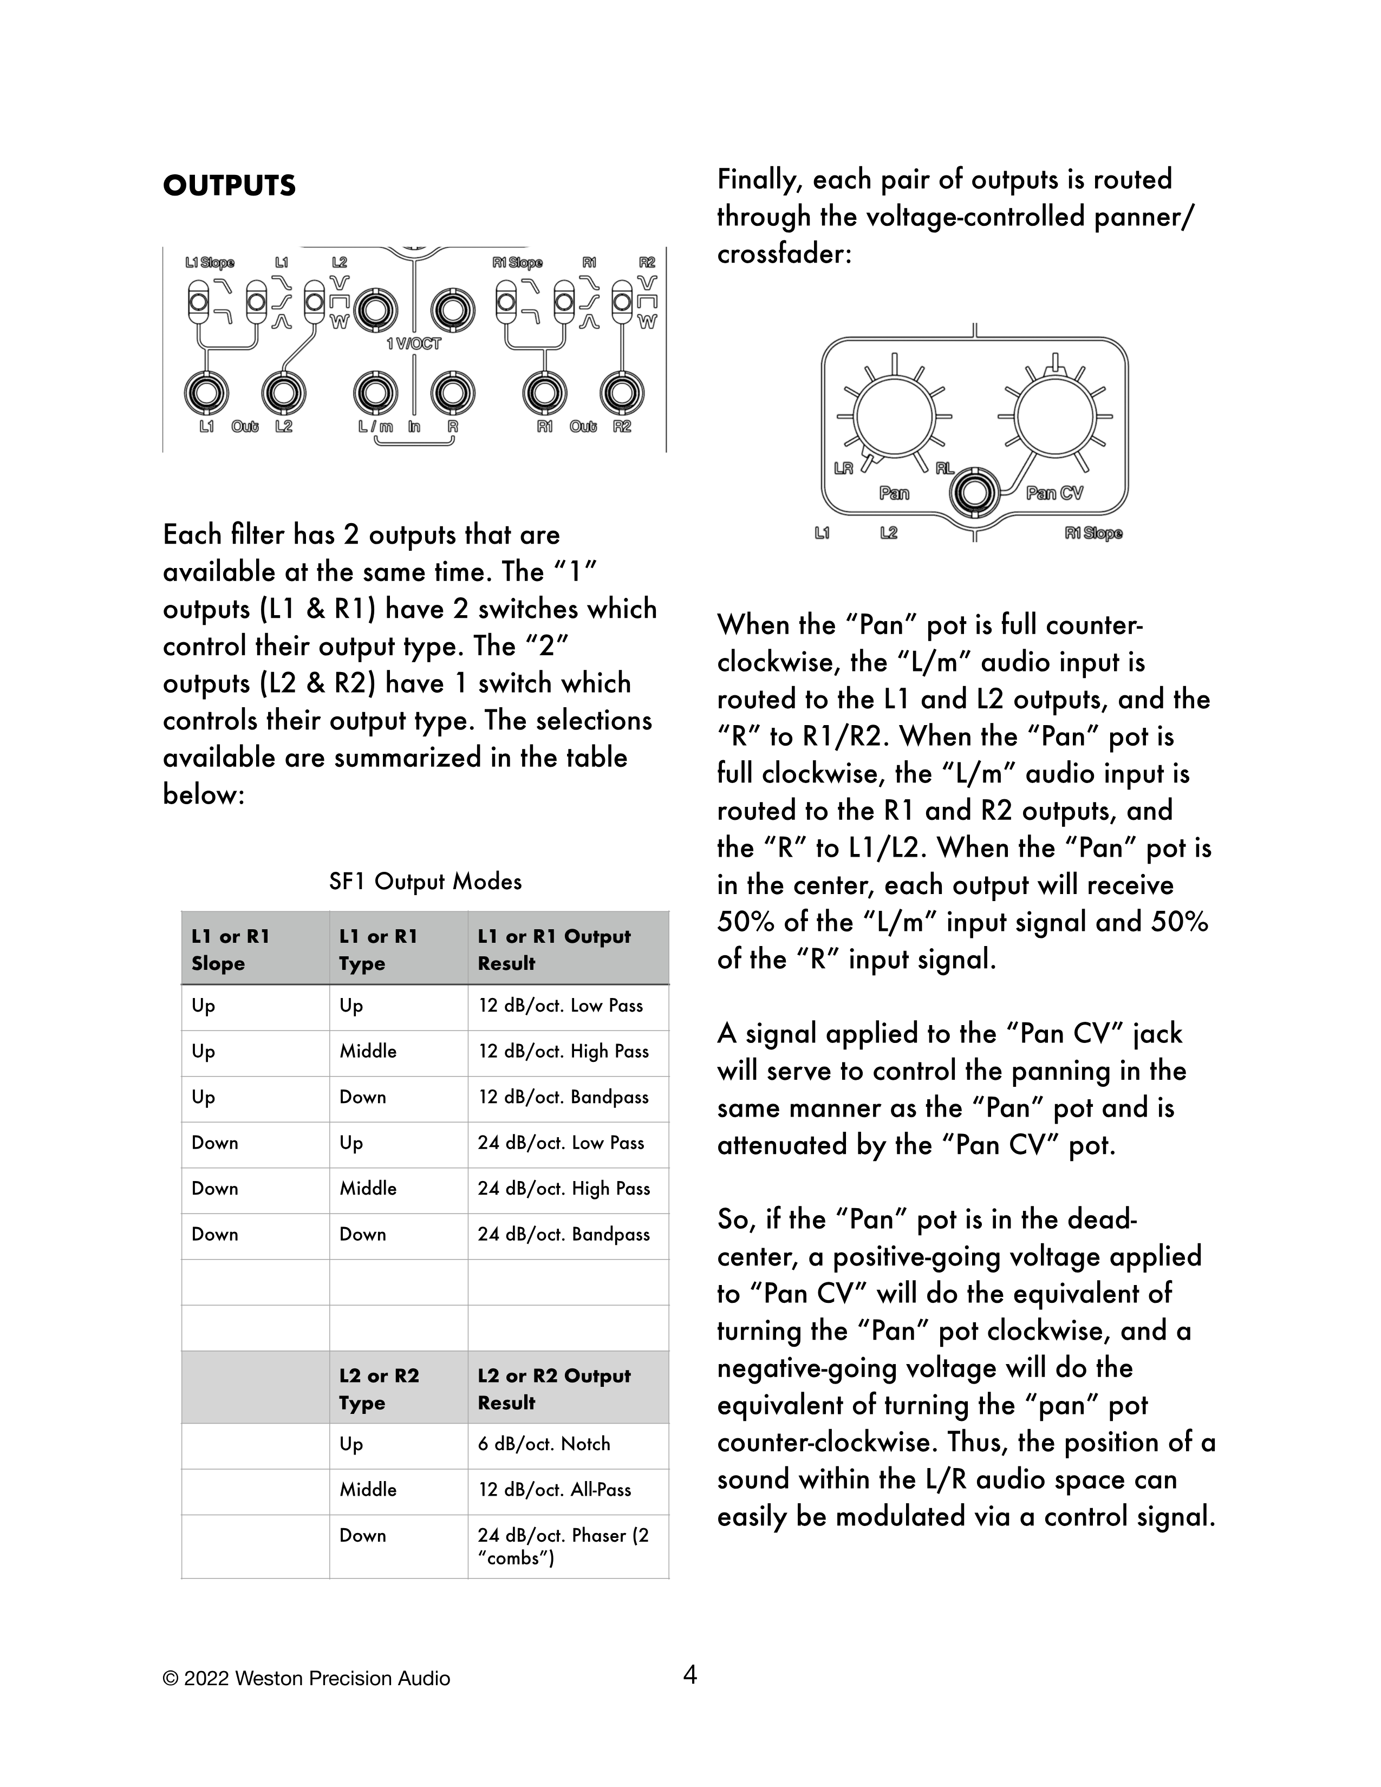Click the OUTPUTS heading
(229, 186)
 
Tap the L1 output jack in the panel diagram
(206, 394)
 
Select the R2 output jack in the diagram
(622, 394)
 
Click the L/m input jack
(375, 394)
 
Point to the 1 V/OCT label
(414, 344)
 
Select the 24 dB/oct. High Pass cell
(564, 1188)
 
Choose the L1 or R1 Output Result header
(554, 949)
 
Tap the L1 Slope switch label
(210, 263)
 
